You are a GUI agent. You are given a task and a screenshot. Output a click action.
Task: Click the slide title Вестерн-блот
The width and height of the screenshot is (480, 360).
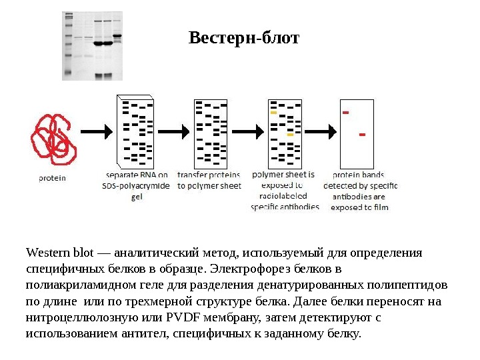244,37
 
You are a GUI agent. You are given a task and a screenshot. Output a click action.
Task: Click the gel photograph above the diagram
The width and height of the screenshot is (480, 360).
93,45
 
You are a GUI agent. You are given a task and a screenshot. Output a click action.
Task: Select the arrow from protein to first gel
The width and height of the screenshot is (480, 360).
97,131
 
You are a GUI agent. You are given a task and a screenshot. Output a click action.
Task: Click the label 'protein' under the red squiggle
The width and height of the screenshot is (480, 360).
52,178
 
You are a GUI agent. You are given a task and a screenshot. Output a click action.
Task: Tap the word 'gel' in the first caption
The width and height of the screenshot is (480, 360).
137,197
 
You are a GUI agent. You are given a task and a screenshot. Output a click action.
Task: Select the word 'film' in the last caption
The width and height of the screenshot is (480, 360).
381,207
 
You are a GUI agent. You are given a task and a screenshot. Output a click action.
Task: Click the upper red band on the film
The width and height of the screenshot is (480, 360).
345,113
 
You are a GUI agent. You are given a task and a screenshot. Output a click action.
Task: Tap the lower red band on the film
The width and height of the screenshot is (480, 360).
362,135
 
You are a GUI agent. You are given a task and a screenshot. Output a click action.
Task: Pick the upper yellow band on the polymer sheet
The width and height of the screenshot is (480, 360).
273,113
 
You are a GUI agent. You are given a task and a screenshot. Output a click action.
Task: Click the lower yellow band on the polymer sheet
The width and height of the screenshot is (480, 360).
290,135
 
